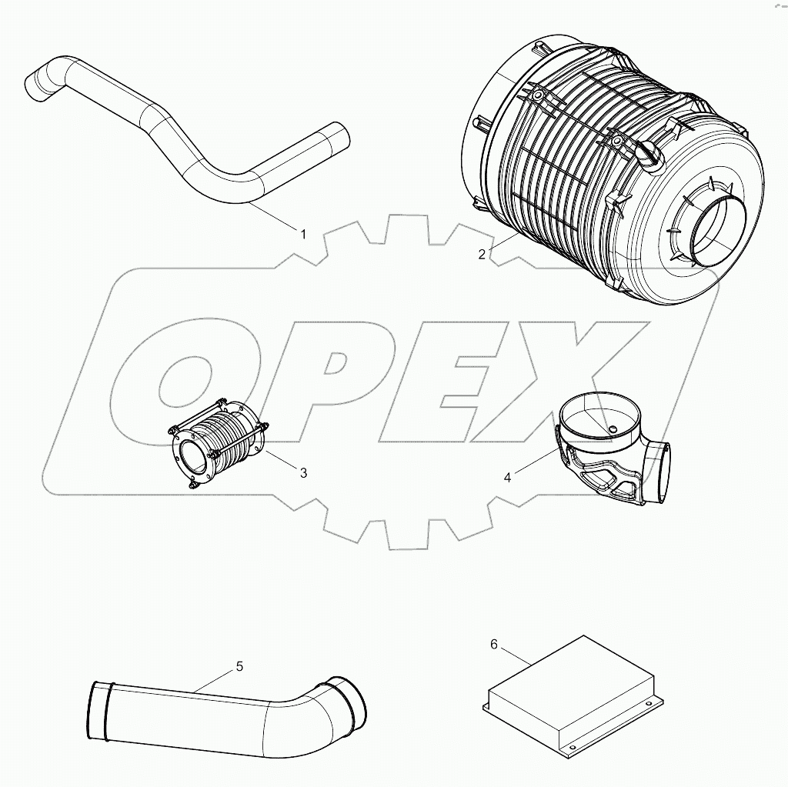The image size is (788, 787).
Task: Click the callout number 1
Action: [x=303, y=233]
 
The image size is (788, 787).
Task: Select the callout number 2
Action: [x=482, y=255]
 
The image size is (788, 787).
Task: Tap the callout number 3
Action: [x=303, y=473]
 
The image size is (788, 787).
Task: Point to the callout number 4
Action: [x=507, y=477]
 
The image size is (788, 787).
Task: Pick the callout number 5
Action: [x=239, y=666]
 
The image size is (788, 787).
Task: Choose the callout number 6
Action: [x=494, y=643]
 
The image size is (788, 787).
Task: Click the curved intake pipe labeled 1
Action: [x=185, y=146]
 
